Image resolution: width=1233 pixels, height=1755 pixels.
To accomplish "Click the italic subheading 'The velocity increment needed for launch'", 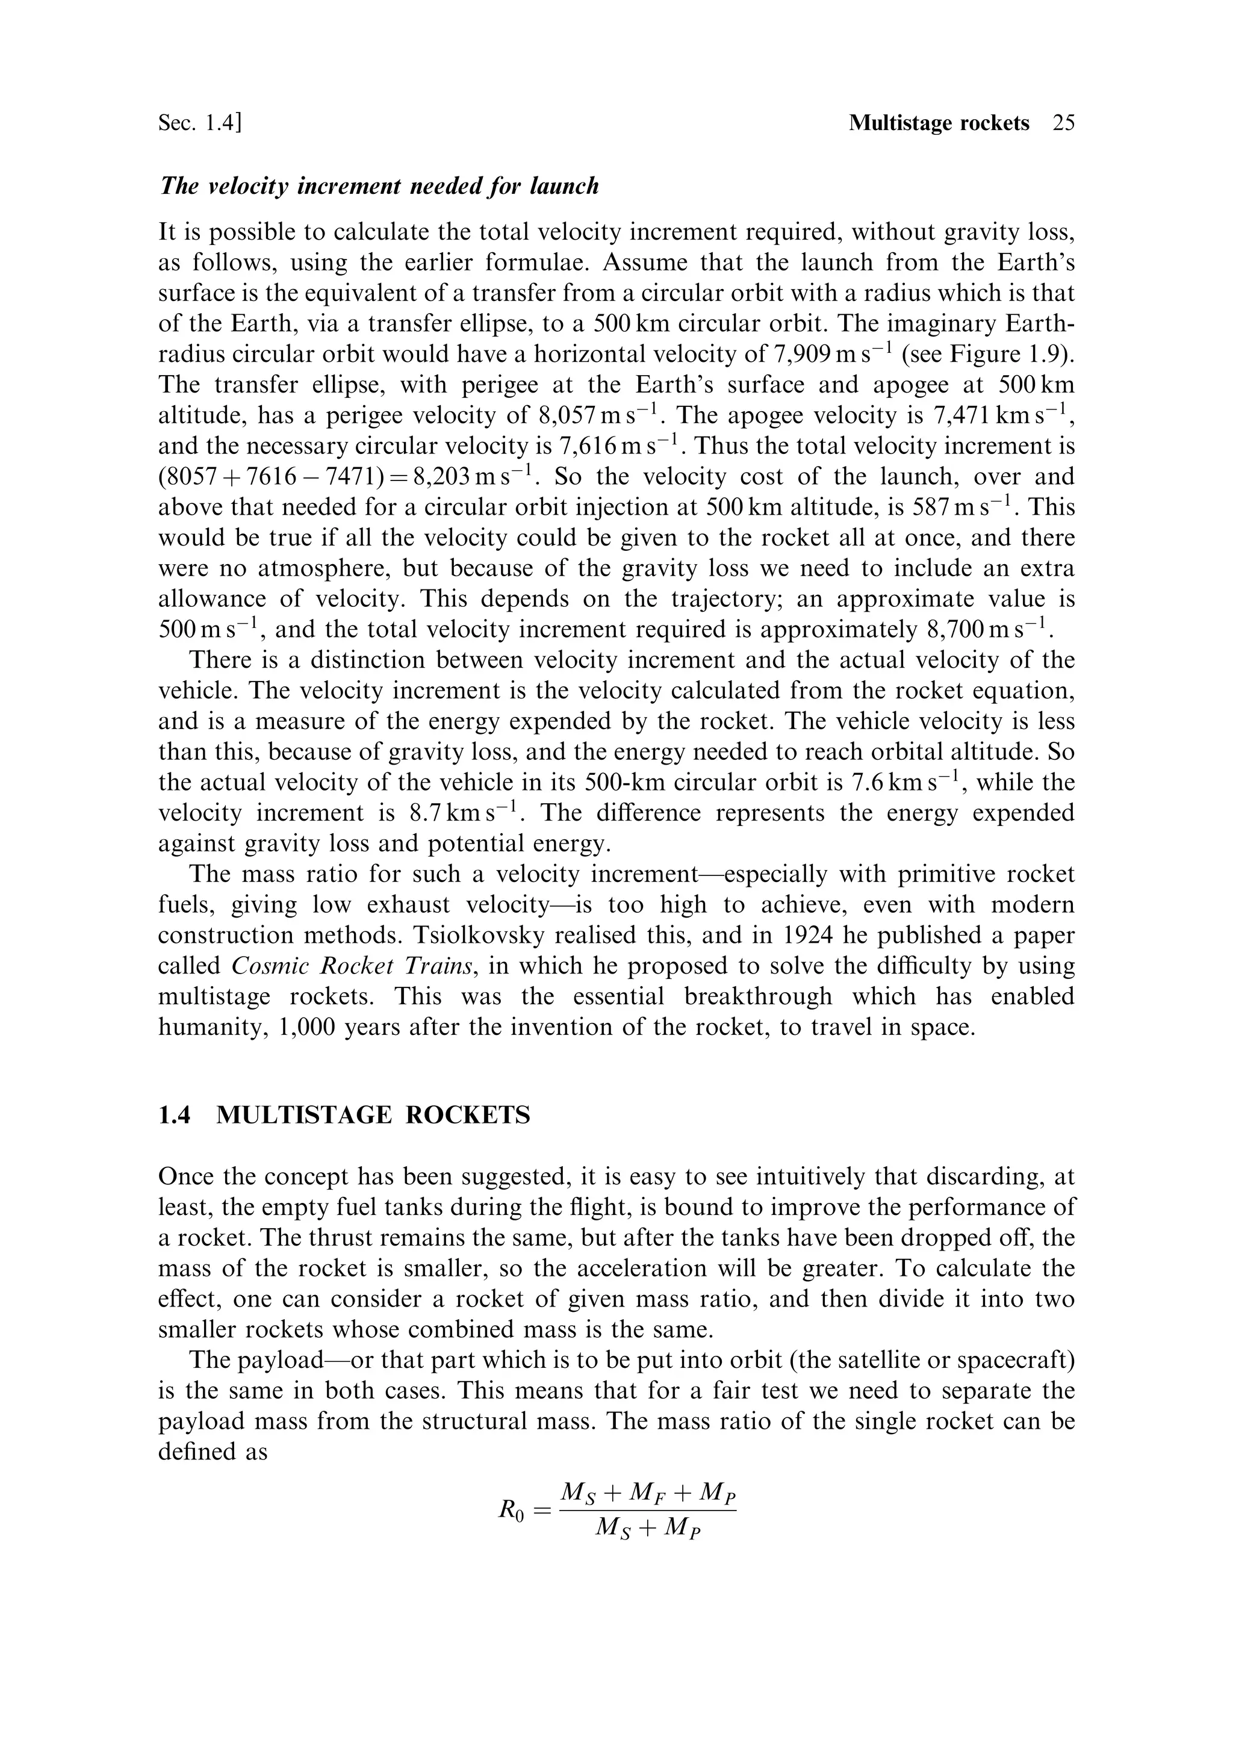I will [378, 186].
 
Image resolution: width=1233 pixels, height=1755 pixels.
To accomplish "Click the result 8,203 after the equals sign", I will [442, 477].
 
